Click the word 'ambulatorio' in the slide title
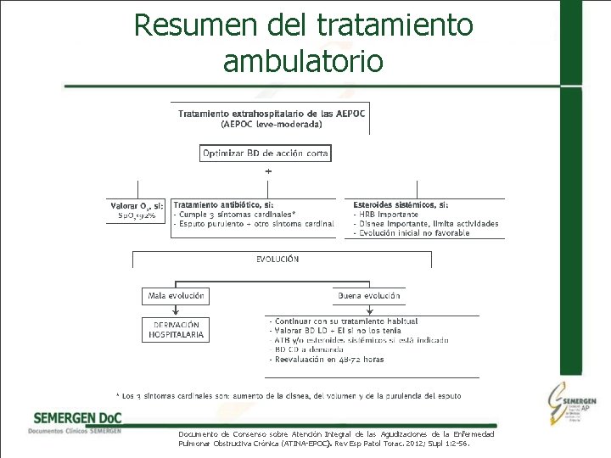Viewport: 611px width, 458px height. (303, 61)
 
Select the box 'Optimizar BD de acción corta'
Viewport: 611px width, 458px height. (266, 154)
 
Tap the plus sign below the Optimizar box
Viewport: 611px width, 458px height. (269, 171)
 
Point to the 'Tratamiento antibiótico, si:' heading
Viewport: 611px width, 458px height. (223, 205)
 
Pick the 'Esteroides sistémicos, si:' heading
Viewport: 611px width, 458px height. (401, 205)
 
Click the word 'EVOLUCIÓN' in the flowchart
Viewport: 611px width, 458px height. (277, 260)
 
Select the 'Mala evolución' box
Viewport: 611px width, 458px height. (176, 297)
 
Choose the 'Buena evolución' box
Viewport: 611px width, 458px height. (369, 297)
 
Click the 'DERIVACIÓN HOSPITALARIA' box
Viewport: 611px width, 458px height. (177, 330)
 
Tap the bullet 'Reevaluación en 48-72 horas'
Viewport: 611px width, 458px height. (328, 360)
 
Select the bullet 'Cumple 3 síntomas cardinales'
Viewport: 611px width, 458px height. (236, 215)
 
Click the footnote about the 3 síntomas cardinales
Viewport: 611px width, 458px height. (289, 395)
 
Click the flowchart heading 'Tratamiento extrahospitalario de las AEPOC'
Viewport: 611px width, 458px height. (271, 114)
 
